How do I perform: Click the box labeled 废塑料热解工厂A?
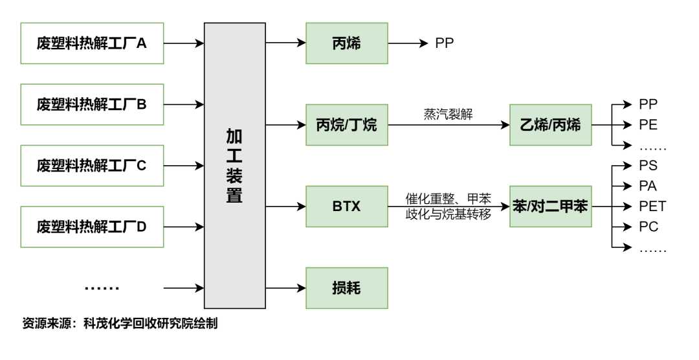[x=92, y=43]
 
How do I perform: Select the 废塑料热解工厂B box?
[x=92, y=104]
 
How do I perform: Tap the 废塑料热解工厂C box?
[x=92, y=166]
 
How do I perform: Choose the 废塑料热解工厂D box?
[x=92, y=227]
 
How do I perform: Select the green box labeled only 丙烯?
[x=346, y=43]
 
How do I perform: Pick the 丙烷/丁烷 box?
[x=346, y=125]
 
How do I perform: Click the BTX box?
[x=346, y=207]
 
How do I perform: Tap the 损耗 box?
[x=346, y=288]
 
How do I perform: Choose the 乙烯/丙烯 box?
[x=550, y=125]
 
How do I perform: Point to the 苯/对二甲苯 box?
[x=550, y=207]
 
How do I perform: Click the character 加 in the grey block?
[x=234, y=137]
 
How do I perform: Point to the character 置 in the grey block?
[x=234, y=196]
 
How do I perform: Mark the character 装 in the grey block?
[x=234, y=176]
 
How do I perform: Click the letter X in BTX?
[x=355, y=207]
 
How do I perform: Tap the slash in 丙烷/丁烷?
[x=346, y=125]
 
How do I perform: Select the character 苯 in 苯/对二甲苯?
[x=520, y=207]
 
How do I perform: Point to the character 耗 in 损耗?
[x=353, y=288]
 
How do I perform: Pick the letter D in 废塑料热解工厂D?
[x=141, y=227]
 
